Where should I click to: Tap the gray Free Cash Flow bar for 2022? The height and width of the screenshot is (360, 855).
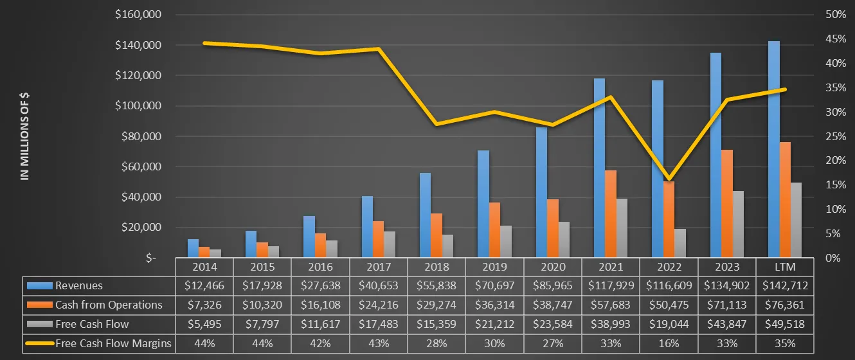(680, 243)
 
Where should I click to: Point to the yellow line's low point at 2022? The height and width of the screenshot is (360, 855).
(669, 179)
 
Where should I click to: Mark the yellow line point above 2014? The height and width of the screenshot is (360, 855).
(204, 43)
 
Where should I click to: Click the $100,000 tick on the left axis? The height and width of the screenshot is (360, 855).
(138, 106)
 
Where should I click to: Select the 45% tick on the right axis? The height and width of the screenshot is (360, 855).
(833, 39)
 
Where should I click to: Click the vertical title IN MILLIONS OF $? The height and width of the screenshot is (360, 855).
(26, 136)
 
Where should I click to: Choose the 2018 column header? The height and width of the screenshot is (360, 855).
(437, 267)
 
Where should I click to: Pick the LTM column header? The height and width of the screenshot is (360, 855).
(786, 267)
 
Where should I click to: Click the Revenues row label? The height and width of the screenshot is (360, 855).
(78, 285)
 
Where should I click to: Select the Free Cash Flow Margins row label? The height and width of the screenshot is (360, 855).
(113, 343)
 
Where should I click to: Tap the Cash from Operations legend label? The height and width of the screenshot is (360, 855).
(109, 305)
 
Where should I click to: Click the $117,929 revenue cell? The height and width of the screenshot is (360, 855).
(611, 285)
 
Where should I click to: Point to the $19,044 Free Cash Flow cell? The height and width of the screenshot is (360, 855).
(669, 324)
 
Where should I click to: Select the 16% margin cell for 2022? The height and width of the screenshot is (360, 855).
(669, 343)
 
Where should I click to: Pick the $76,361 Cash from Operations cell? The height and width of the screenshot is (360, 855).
(786, 305)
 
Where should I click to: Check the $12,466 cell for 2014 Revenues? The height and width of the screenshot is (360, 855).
(204, 285)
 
